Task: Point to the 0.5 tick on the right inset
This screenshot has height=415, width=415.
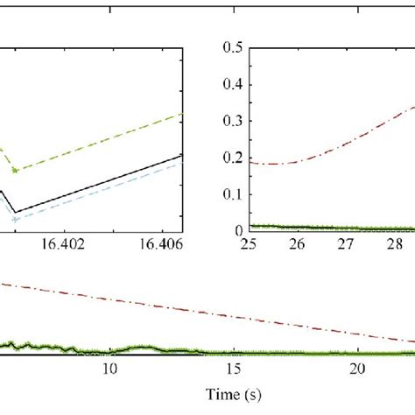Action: click(232, 46)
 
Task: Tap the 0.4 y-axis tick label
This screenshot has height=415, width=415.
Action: click(232, 83)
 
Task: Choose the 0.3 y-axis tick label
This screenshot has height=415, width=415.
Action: click(232, 120)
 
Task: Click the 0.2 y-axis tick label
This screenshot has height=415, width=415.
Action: click(232, 157)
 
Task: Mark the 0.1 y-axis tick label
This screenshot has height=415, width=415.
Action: click(232, 194)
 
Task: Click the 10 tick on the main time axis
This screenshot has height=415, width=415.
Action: click(110, 369)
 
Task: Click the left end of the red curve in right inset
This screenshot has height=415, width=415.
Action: click(251, 162)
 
